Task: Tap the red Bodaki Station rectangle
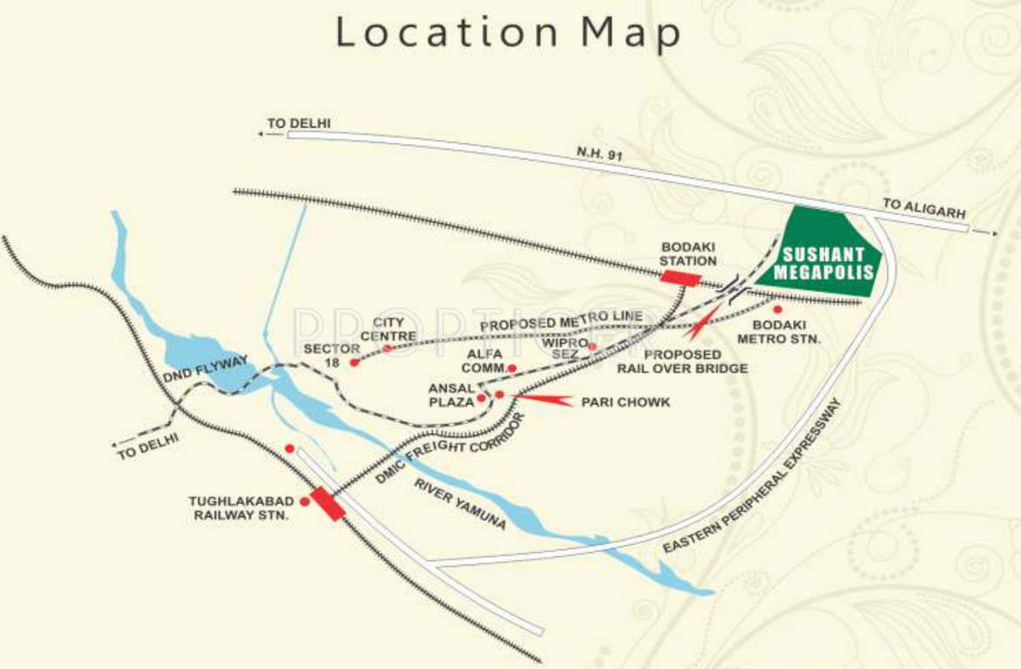pyautogui.click(x=680, y=278)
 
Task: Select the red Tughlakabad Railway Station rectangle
pyautogui.click(x=328, y=504)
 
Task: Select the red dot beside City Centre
pyautogui.click(x=388, y=348)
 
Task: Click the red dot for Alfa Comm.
pyautogui.click(x=512, y=368)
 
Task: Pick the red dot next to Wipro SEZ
pyautogui.click(x=592, y=347)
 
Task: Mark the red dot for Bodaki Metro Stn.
pyautogui.click(x=777, y=309)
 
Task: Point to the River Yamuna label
pyautogui.click(x=460, y=503)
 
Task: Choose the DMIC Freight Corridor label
pyautogui.click(x=453, y=449)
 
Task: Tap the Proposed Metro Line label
pyautogui.click(x=561, y=321)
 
